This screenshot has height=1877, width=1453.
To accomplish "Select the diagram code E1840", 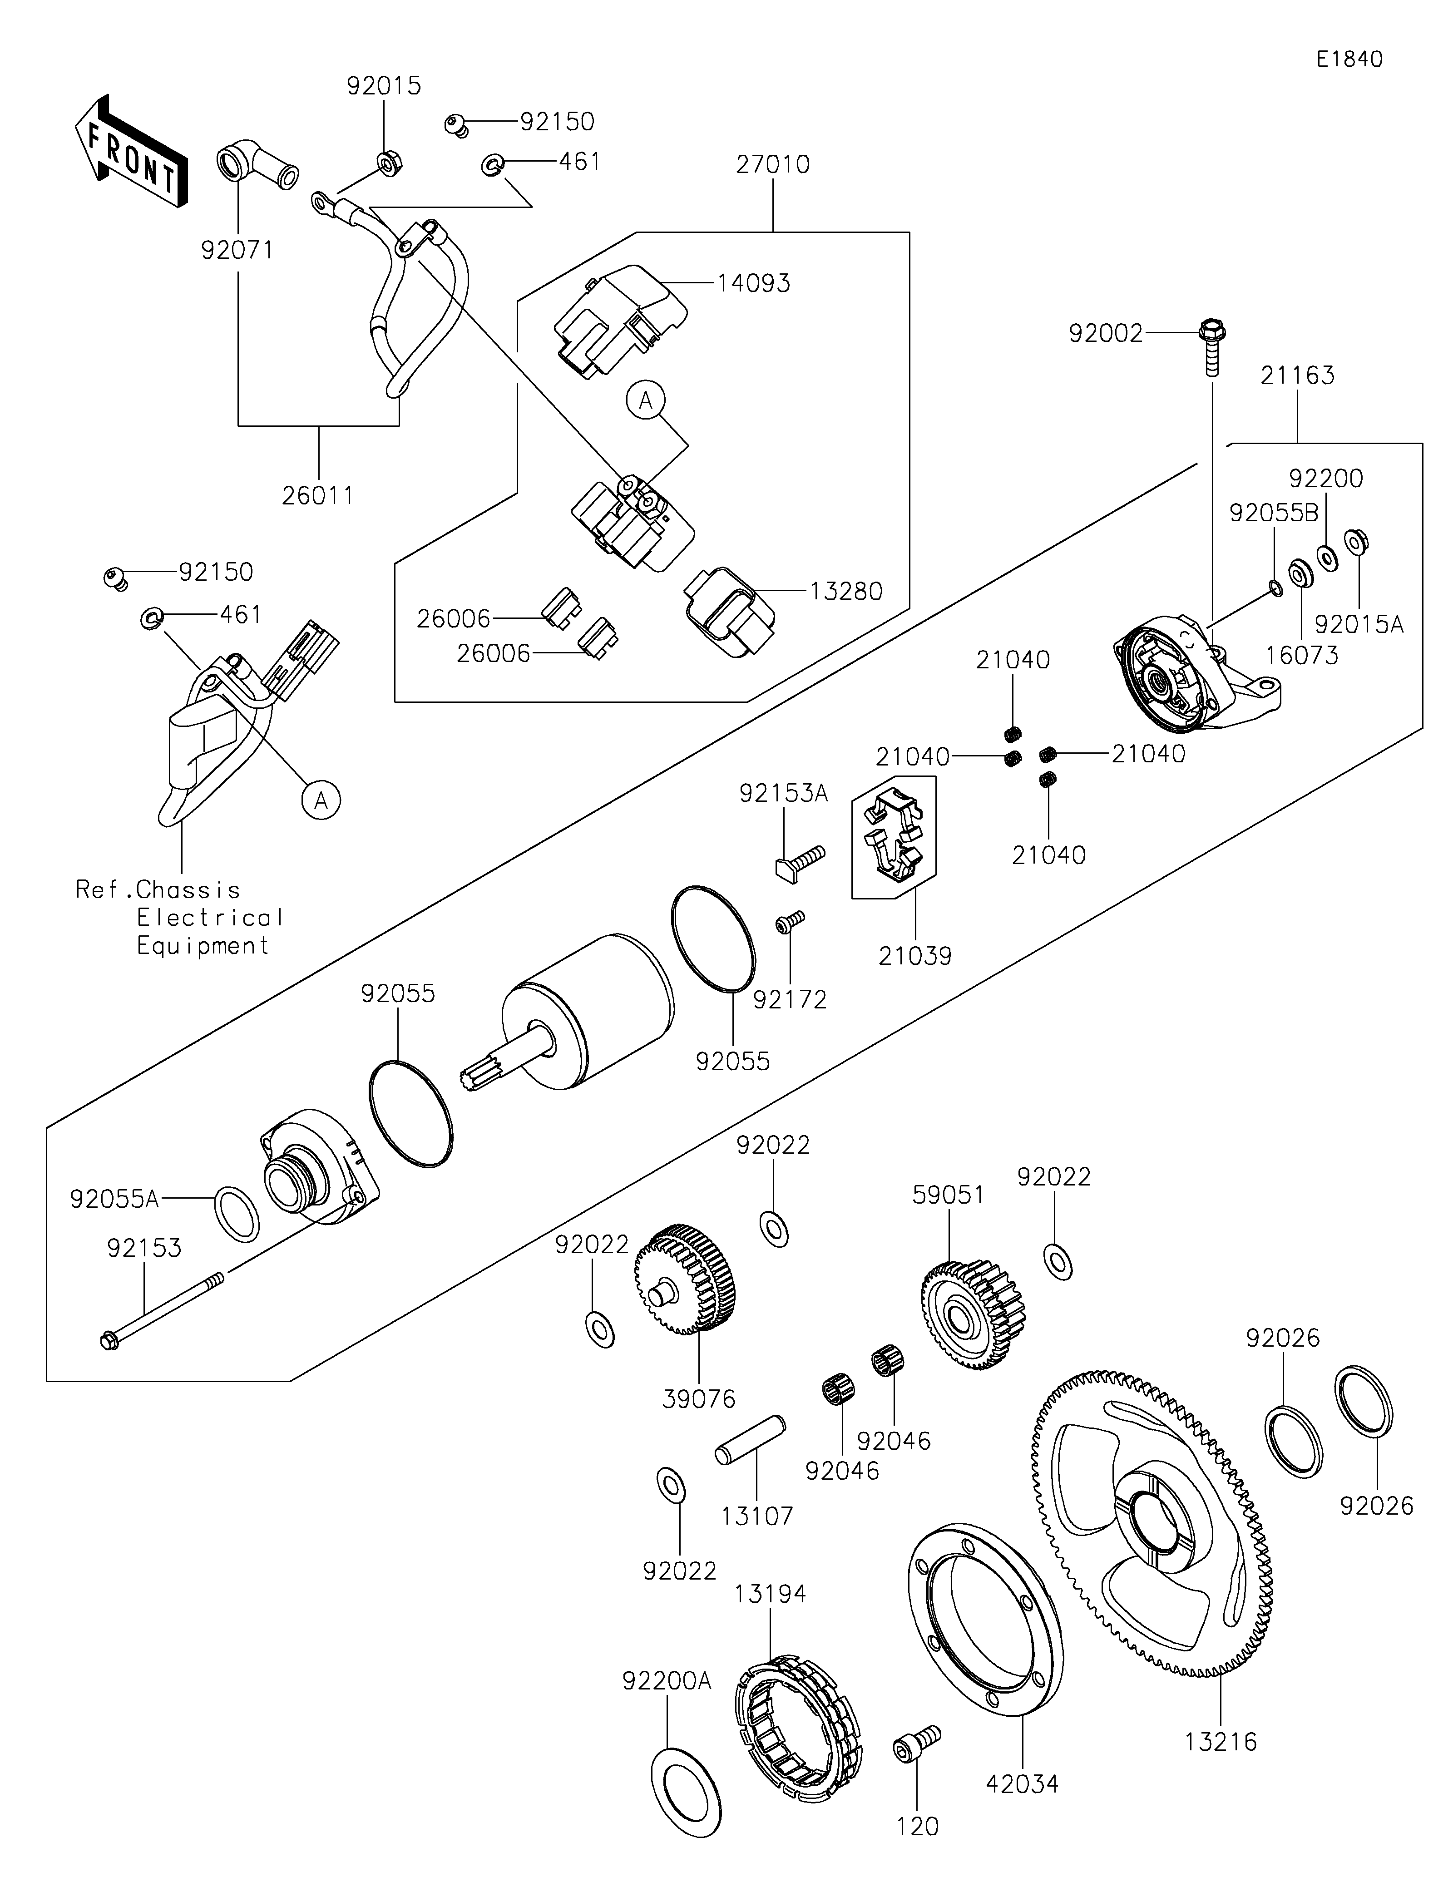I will point(1349,59).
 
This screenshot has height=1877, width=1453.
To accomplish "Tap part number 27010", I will point(772,164).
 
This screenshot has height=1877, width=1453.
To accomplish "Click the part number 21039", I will point(915,956).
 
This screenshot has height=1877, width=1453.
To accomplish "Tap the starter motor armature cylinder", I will point(593,1010).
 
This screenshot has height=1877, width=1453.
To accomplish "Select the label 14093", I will point(754,283).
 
